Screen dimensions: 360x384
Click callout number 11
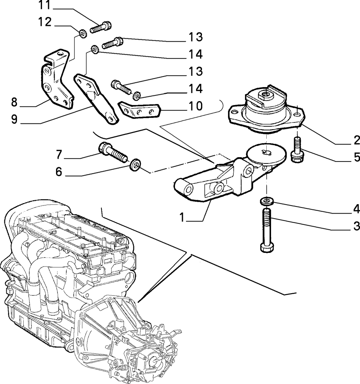[x=45, y=5]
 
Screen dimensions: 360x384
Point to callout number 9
[x=14, y=119]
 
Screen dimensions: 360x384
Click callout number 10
[x=196, y=106]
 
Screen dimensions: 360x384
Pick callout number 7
[x=59, y=154]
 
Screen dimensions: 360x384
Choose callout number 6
[x=59, y=172]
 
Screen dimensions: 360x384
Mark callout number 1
[x=182, y=217]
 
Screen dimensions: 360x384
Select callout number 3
[x=357, y=226]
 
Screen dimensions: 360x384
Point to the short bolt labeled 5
[x=297, y=150]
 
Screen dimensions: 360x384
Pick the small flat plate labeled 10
[x=139, y=111]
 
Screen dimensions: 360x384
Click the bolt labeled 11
[x=101, y=27]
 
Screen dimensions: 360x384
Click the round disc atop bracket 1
[x=266, y=153]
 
